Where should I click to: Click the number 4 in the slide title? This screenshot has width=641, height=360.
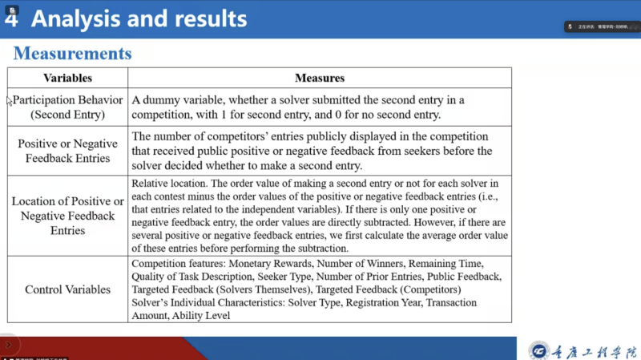[11, 19]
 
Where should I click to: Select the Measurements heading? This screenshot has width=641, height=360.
[72, 55]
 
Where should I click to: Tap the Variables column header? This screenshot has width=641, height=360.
[67, 79]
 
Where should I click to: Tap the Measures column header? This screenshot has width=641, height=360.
[320, 79]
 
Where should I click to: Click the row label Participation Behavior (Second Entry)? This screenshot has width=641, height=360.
[68, 107]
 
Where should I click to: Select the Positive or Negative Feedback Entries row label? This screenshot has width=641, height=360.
[67, 151]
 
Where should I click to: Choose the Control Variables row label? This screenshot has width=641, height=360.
[67, 289]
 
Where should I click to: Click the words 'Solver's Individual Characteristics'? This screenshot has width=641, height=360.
[211, 302]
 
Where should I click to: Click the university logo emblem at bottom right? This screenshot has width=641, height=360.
[538, 350]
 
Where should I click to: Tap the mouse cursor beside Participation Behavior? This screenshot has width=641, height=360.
[10, 101]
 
